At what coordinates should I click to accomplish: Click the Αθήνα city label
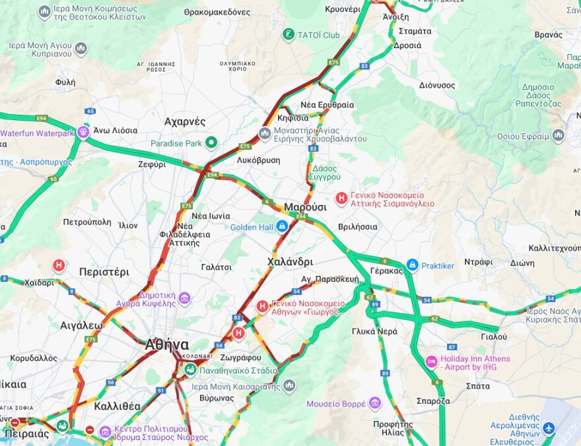[x=166, y=344]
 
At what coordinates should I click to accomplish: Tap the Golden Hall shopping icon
[x=282, y=226]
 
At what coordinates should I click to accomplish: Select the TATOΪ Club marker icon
[x=288, y=34]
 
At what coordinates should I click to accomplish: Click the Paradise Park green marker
[x=211, y=143]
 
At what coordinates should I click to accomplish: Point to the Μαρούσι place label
[x=305, y=207]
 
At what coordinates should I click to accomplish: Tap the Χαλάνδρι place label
[x=290, y=262]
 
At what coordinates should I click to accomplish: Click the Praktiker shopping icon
[x=412, y=265]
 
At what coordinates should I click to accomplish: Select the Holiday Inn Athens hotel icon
[x=431, y=362]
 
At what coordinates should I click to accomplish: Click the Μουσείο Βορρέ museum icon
[x=375, y=402]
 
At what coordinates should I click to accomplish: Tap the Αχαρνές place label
[x=185, y=122]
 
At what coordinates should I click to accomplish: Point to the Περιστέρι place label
[x=104, y=271]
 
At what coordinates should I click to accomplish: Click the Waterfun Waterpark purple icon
[x=84, y=132]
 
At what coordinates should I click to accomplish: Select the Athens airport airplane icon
[x=549, y=429]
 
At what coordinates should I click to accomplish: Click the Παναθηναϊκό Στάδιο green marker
[x=190, y=369]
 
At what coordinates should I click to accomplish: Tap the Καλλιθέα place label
[x=117, y=406]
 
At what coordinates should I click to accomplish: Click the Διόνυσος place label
[x=437, y=85]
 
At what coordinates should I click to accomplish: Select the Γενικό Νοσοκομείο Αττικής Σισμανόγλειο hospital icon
[x=342, y=198]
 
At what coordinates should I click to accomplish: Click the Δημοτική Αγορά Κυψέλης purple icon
[x=184, y=298]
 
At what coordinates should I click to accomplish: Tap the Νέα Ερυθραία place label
[x=327, y=105]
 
